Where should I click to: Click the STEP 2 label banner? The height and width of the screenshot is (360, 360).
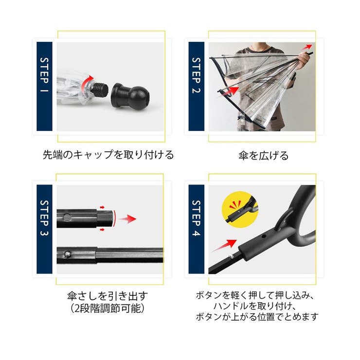coord(196,86)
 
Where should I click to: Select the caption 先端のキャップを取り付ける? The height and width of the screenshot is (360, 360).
coord(108,155)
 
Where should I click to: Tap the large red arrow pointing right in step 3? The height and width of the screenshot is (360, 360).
coord(127,219)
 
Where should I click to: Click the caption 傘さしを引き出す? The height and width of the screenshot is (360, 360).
coord(108,296)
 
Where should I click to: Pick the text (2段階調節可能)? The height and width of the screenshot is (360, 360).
coord(108,308)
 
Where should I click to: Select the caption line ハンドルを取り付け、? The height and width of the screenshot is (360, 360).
coord(257,306)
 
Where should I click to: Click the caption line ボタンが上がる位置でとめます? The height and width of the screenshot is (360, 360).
coord(257,317)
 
